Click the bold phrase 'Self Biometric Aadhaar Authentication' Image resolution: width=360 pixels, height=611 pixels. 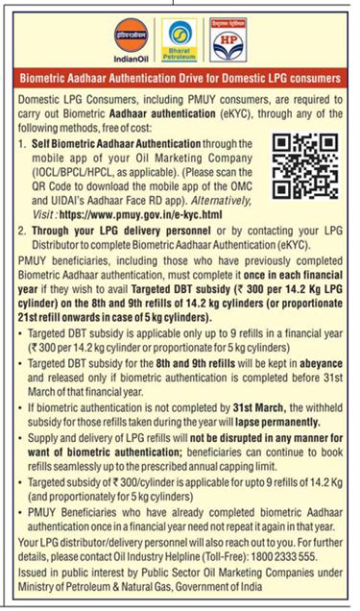pyautogui.click(x=107, y=140)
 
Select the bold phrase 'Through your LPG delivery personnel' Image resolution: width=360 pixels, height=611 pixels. pyautogui.click(x=107, y=232)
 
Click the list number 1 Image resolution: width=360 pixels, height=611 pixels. pyautogui.click(x=23, y=140)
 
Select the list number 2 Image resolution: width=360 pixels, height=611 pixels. pyautogui.click(x=23, y=232)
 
